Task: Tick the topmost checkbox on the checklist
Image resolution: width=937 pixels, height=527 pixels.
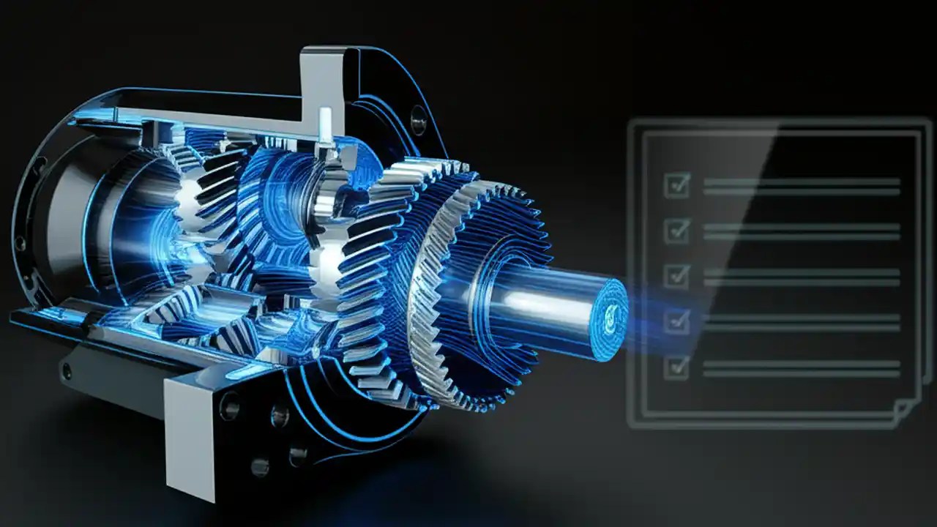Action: coord(676,185)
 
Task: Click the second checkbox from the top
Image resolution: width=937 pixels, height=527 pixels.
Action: coord(676,231)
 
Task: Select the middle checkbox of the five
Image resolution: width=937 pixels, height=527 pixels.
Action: coord(676,276)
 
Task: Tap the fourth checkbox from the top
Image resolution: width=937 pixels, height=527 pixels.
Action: coord(676,321)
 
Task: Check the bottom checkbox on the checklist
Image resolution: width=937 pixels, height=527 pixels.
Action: coord(676,367)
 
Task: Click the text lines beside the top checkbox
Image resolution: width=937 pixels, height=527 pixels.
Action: coord(801,187)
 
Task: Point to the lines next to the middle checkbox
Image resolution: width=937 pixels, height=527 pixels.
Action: coord(801,277)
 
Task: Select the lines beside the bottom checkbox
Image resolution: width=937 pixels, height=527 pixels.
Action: coord(801,368)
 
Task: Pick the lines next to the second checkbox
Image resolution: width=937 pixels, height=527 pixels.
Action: coord(801,231)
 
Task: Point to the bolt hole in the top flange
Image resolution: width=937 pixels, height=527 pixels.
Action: coord(418,120)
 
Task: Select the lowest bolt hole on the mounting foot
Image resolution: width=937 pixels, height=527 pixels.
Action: coord(259,466)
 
